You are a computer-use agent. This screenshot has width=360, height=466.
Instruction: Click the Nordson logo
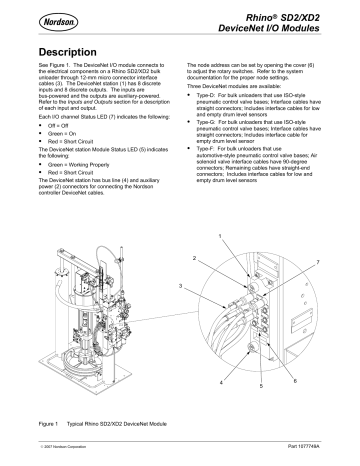tap(41, 17)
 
